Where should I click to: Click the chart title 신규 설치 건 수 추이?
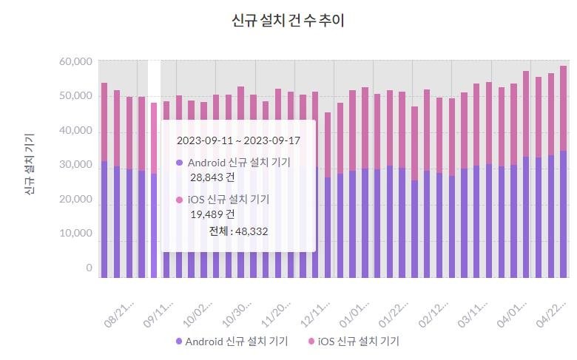click(288, 21)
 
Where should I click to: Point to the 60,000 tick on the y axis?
click(75, 61)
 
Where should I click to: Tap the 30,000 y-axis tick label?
click(75, 166)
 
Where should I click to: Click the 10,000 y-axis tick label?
click(75, 233)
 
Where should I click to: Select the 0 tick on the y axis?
click(89, 268)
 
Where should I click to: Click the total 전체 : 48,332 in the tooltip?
click(238, 231)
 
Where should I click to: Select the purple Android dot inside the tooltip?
click(179, 163)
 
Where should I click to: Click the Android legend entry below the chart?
click(232, 342)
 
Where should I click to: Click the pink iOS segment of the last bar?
click(564, 108)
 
